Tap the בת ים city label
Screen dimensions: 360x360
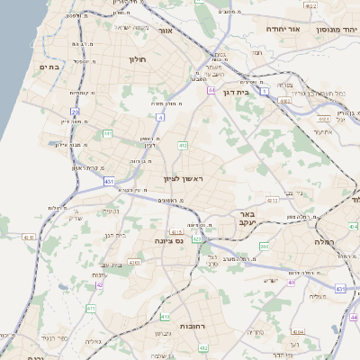tap(49, 67)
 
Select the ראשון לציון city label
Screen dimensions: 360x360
tap(184, 180)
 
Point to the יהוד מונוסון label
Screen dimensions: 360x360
tap(336, 30)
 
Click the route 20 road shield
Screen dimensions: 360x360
tap(76, 112)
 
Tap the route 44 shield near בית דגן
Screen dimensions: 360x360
tap(211, 90)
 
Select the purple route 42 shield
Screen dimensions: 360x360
tap(100, 284)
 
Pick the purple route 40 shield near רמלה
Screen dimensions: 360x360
tap(291, 282)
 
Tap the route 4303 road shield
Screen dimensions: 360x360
tap(134, 262)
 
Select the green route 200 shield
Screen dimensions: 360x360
tap(264, 246)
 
